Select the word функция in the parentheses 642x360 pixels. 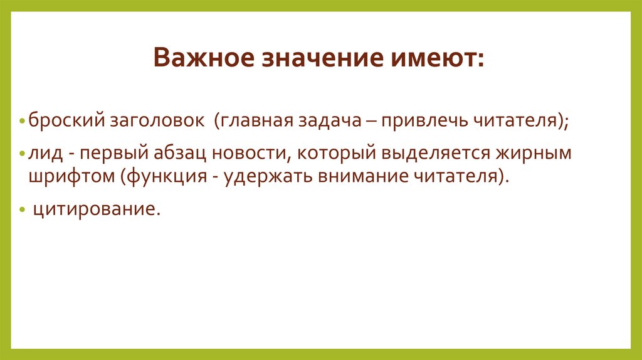(x=165, y=176)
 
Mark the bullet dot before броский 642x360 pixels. (x=23, y=120)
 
